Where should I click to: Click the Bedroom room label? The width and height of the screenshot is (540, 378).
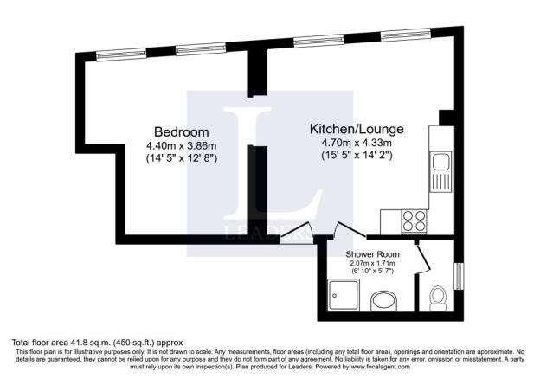click(177, 132)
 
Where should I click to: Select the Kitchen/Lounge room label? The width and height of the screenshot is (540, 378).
click(357, 129)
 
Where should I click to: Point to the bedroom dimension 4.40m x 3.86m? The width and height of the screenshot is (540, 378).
click(181, 145)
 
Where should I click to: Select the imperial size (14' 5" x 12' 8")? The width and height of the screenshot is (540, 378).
click(181, 158)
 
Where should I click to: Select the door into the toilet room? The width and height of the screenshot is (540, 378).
click(422, 257)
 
